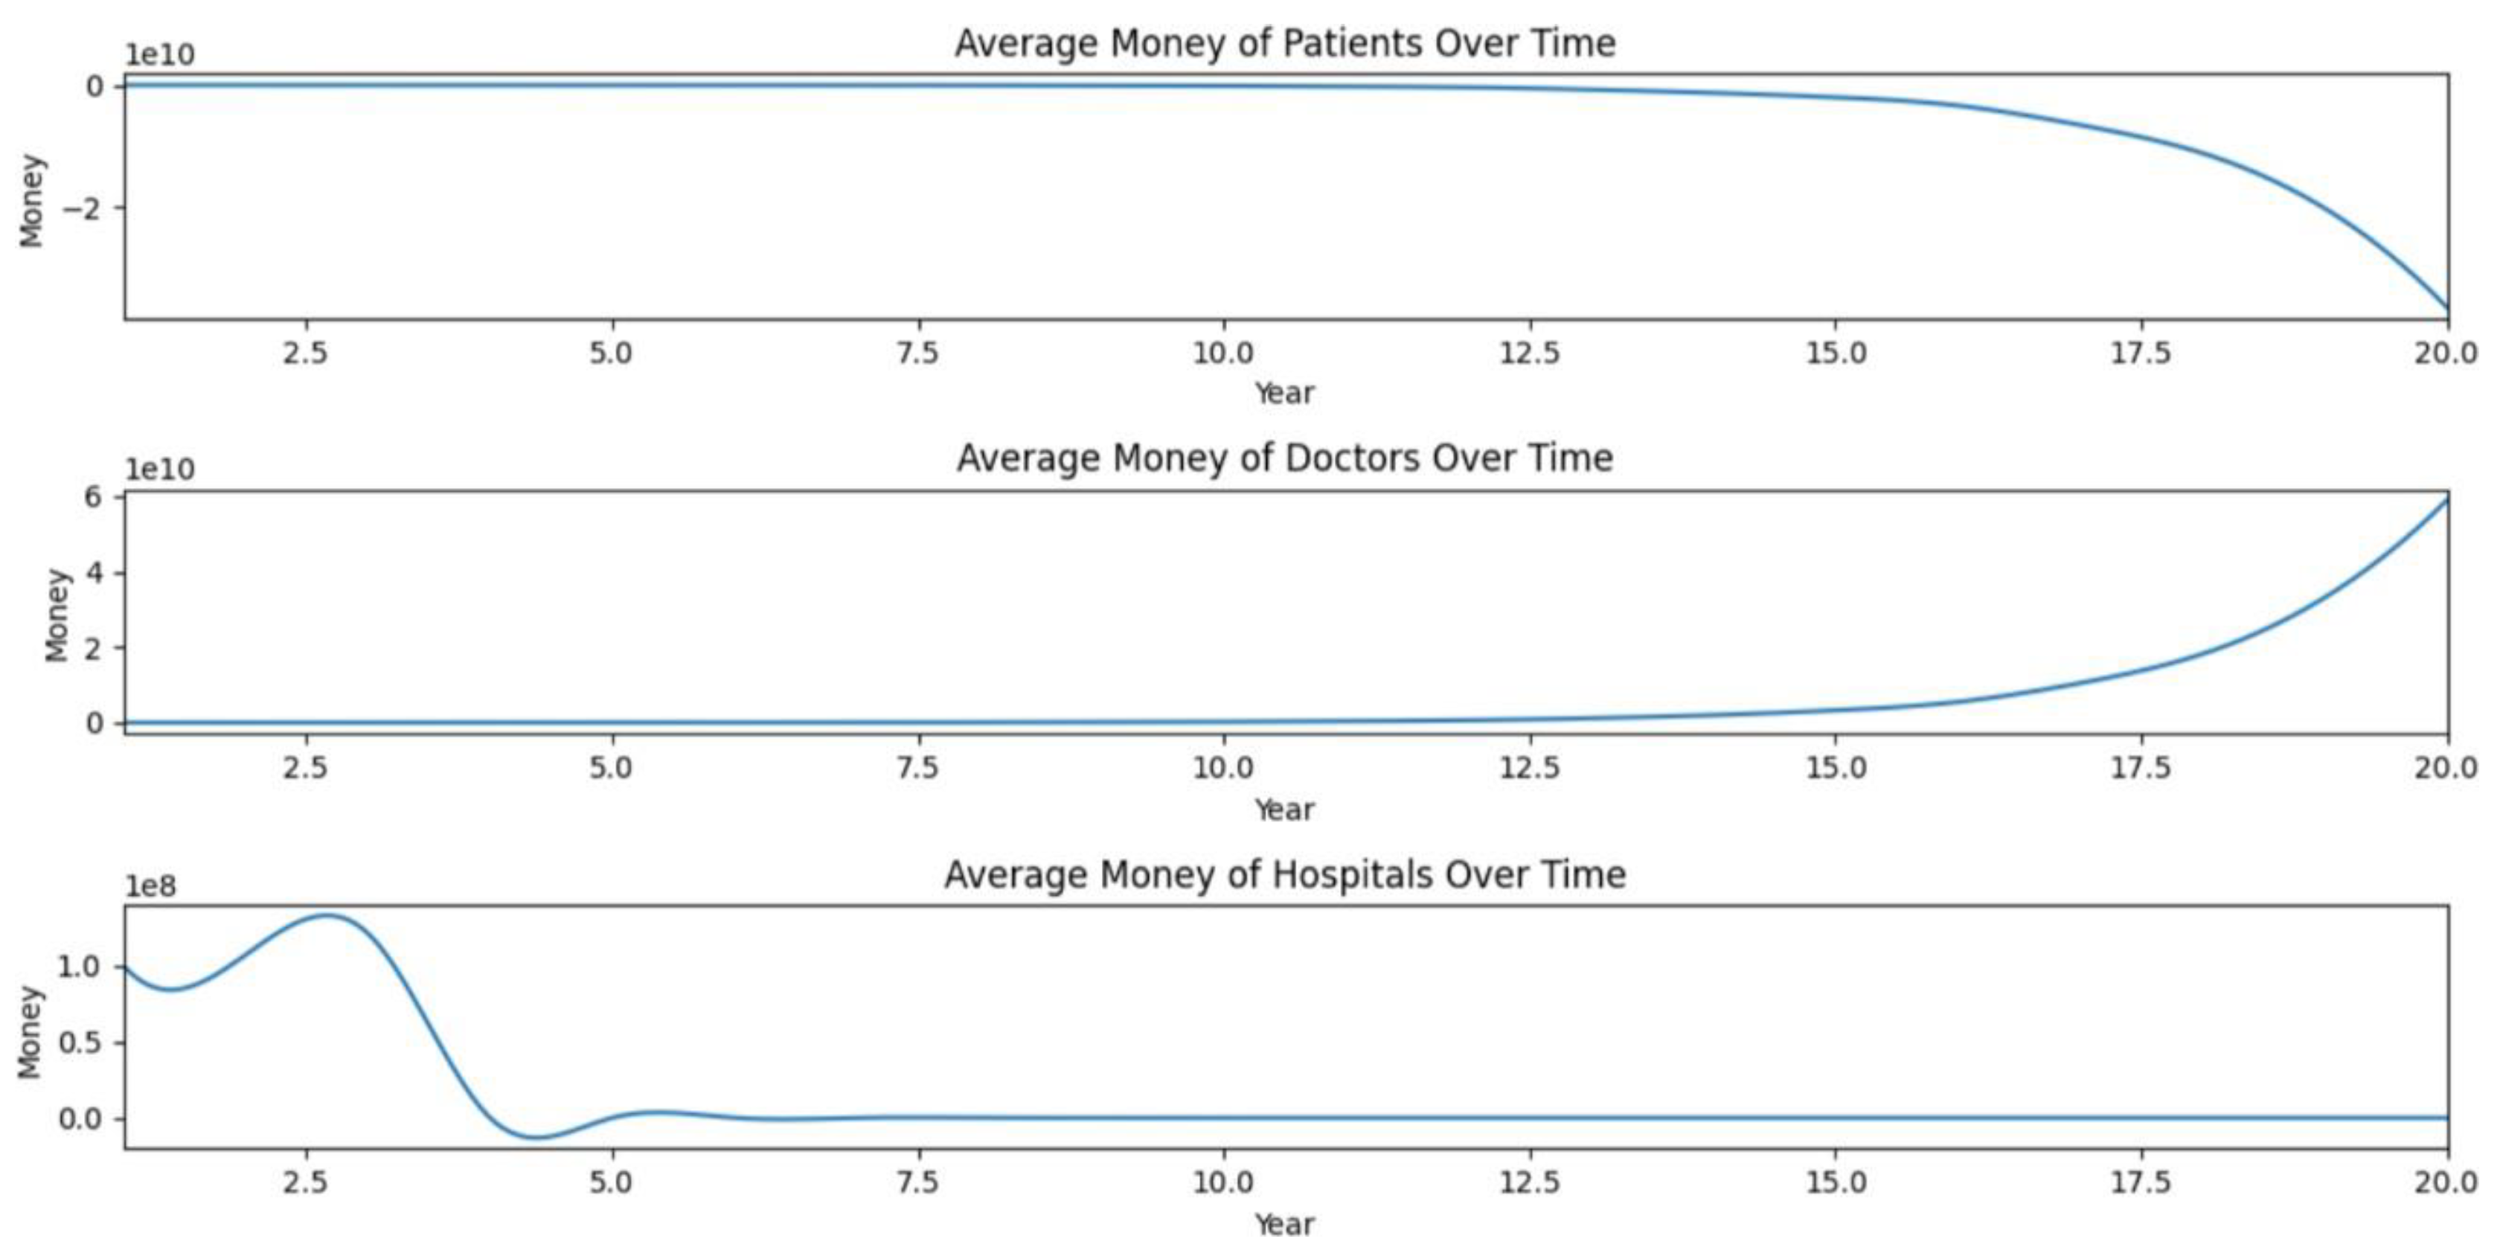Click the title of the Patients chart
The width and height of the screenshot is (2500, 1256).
pos(1284,44)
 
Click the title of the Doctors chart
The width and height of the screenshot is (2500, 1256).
pos(1284,458)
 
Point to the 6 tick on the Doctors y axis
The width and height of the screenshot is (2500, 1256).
pos(94,497)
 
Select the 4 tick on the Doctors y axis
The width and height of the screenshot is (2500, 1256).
pos(94,573)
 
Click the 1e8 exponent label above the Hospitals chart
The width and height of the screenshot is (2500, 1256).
pos(150,886)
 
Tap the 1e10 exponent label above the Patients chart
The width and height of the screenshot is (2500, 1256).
pos(160,55)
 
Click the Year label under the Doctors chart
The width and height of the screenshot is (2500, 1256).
pos(1284,810)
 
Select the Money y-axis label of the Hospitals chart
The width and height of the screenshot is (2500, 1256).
pos(31,1033)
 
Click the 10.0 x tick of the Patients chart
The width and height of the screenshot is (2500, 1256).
pos(1222,353)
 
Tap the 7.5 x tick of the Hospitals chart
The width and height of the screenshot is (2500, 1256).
pos(917,1182)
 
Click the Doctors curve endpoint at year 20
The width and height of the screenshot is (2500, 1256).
pos(2446,500)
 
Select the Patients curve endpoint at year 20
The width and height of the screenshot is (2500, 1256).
pos(2446,310)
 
